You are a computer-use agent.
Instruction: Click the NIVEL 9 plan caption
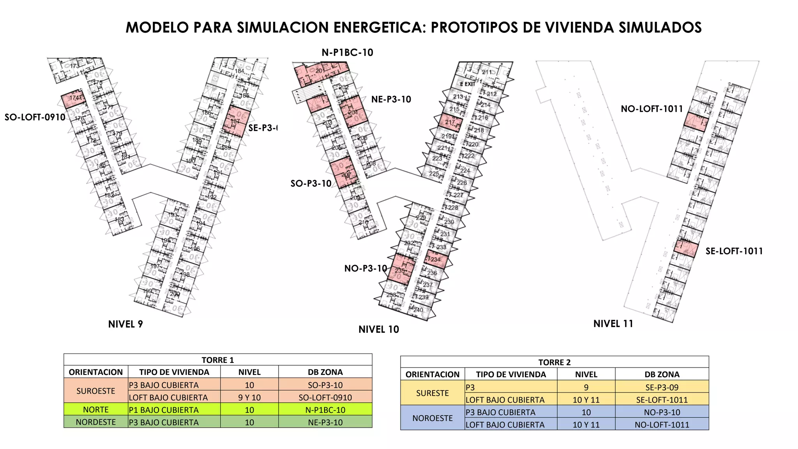125,324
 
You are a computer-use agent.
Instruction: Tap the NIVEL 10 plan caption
379,330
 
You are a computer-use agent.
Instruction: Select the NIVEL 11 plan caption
613,324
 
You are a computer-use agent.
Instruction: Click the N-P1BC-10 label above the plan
347,53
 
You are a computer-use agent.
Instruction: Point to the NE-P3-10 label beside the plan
391,99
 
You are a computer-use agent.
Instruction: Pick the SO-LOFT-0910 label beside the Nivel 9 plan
35,117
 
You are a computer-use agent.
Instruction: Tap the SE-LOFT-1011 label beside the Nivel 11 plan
734,251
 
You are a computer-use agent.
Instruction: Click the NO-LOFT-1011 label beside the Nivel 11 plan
652,109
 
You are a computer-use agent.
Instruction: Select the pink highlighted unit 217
450,122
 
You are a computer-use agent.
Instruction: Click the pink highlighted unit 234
434,259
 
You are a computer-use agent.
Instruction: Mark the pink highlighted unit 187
236,121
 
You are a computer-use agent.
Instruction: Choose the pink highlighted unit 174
73,99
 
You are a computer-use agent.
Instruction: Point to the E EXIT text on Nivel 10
467,84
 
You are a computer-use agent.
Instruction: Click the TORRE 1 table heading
218,360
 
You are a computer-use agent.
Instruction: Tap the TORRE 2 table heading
554,362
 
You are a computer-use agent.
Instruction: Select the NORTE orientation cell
96,410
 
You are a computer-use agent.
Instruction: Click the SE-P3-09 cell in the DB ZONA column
662,387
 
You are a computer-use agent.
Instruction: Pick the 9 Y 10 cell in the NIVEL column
249,398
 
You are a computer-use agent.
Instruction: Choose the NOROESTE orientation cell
433,418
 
